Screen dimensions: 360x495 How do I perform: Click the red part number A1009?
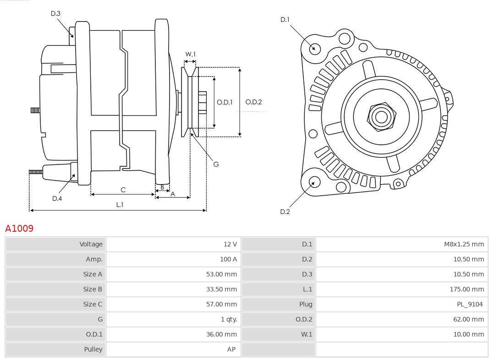tap(19, 228)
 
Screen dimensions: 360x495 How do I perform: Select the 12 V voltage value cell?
tap(230, 244)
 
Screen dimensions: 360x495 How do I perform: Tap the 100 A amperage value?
tap(228, 259)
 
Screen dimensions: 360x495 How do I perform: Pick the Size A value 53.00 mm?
tap(221, 274)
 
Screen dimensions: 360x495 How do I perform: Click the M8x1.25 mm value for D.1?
tap(464, 244)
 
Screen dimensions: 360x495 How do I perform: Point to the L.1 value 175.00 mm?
tap(467, 289)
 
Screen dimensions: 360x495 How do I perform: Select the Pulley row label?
tap(93, 349)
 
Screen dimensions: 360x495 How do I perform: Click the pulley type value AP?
tap(231, 349)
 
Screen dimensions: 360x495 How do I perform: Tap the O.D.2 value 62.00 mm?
tap(468, 319)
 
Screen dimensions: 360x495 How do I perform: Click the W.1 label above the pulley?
tap(190, 55)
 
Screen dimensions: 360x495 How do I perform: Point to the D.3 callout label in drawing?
tap(55, 14)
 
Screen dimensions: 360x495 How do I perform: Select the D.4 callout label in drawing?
tap(57, 198)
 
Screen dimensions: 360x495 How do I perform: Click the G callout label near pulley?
tap(216, 164)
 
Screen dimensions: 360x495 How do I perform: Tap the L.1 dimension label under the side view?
tap(119, 205)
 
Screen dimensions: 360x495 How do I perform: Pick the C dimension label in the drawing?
tap(123, 190)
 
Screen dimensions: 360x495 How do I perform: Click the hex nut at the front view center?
tap(381, 117)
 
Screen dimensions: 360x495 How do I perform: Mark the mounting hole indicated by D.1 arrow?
tap(314, 49)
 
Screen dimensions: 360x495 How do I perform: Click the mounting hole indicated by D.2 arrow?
tap(314, 182)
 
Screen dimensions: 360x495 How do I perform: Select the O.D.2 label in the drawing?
tap(253, 102)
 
